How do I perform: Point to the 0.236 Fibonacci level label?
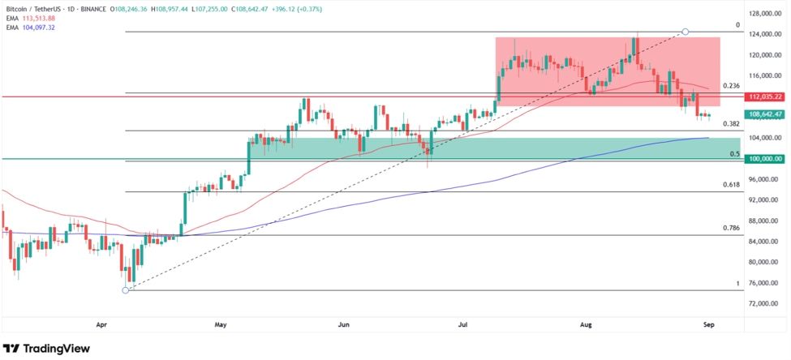(730, 86)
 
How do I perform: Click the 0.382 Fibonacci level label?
(730, 124)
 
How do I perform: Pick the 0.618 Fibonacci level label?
(730, 185)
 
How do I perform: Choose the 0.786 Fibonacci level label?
(730, 229)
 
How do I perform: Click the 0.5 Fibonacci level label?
(733, 153)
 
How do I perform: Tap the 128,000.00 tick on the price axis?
(764, 14)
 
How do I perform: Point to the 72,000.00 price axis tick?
(764, 303)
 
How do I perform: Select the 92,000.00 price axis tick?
(764, 199)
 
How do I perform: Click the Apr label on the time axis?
(101, 324)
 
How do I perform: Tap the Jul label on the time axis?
(463, 324)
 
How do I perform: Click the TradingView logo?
(46, 348)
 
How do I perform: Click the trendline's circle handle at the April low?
(125, 290)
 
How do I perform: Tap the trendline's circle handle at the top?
(686, 32)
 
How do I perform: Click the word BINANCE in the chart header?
(135, 7)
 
